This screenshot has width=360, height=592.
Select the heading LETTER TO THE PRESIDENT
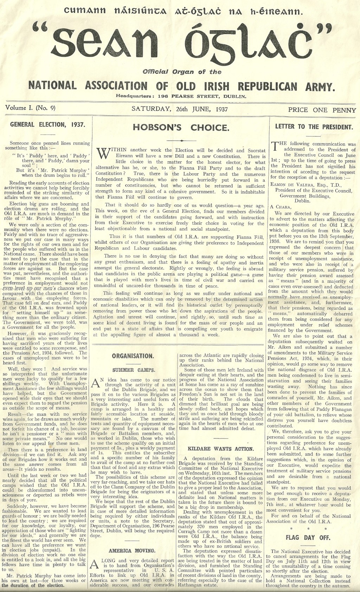pyautogui.click(x=314, y=126)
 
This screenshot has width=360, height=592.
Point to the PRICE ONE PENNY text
pyautogui.click(x=322, y=110)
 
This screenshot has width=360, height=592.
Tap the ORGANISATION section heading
pyautogui.click(x=133, y=356)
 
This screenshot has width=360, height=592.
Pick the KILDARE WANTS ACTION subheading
pyautogui.click(x=221, y=449)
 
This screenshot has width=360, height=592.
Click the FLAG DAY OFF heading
pyautogui.click(x=304, y=537)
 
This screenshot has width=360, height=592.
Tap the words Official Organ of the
pyautogui.click(x=182, y=72)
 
